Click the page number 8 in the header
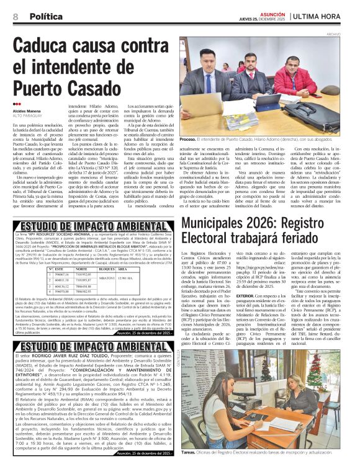click(x=14, y=16)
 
